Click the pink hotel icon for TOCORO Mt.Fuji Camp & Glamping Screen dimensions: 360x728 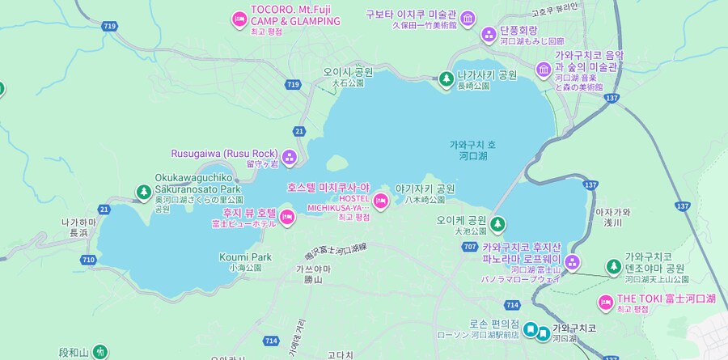point(239,19)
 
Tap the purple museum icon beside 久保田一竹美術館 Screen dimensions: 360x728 point(467,19)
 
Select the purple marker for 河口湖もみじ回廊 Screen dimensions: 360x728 point(489,35)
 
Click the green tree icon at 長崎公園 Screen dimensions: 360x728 point(445,79)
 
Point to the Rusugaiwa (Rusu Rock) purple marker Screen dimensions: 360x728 point(290,157)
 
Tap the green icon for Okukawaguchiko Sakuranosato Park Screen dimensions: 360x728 point(143,193)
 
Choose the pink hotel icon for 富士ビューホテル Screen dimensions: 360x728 point(286,217)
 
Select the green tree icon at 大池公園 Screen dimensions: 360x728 point(497,223)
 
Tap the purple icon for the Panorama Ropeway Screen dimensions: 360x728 point(573,261)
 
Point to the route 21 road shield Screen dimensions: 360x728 point(300,131)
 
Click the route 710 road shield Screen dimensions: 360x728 point(87,259)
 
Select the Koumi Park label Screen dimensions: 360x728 point(244,257)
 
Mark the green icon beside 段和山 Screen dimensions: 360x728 point(99,352)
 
